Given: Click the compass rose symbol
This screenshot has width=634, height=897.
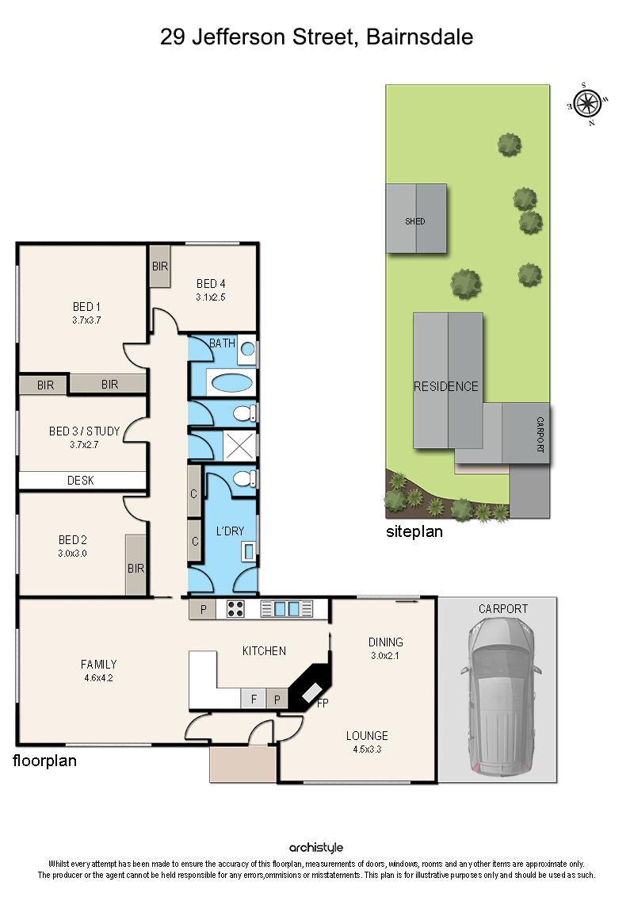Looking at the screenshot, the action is [587, 104].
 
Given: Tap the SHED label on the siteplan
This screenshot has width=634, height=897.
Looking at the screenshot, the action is [415, 221].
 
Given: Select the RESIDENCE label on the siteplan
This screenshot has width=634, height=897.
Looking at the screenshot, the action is [446, 387].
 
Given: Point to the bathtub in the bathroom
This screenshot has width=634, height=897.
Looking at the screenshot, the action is [231, 383].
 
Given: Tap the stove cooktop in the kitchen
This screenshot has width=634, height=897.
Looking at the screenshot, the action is [235, 608].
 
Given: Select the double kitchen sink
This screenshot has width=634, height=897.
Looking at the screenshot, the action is [287, 608].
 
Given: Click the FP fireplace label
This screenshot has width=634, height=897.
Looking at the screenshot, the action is [323, 703].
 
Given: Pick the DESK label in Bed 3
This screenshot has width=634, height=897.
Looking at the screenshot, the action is [81, 481].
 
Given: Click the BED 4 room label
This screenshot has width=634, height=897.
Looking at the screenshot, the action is [211, 284].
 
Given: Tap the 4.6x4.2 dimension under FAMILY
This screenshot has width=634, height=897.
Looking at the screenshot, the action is [98, 678].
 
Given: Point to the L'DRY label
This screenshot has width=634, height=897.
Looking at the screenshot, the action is [230, 531].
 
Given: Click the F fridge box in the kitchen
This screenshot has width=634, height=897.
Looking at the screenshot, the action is [254, 698].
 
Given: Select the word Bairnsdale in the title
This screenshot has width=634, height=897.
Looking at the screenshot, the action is [419, 37].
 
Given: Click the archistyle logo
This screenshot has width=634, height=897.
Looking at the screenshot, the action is [316, 848].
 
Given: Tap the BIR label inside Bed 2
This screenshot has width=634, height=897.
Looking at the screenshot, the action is [136, 569].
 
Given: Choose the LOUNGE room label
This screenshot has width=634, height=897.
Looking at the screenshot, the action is [367, 736].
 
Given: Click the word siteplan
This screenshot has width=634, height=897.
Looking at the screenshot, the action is [414, 531].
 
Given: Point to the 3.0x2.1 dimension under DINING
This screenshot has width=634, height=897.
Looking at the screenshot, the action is [385, 656].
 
